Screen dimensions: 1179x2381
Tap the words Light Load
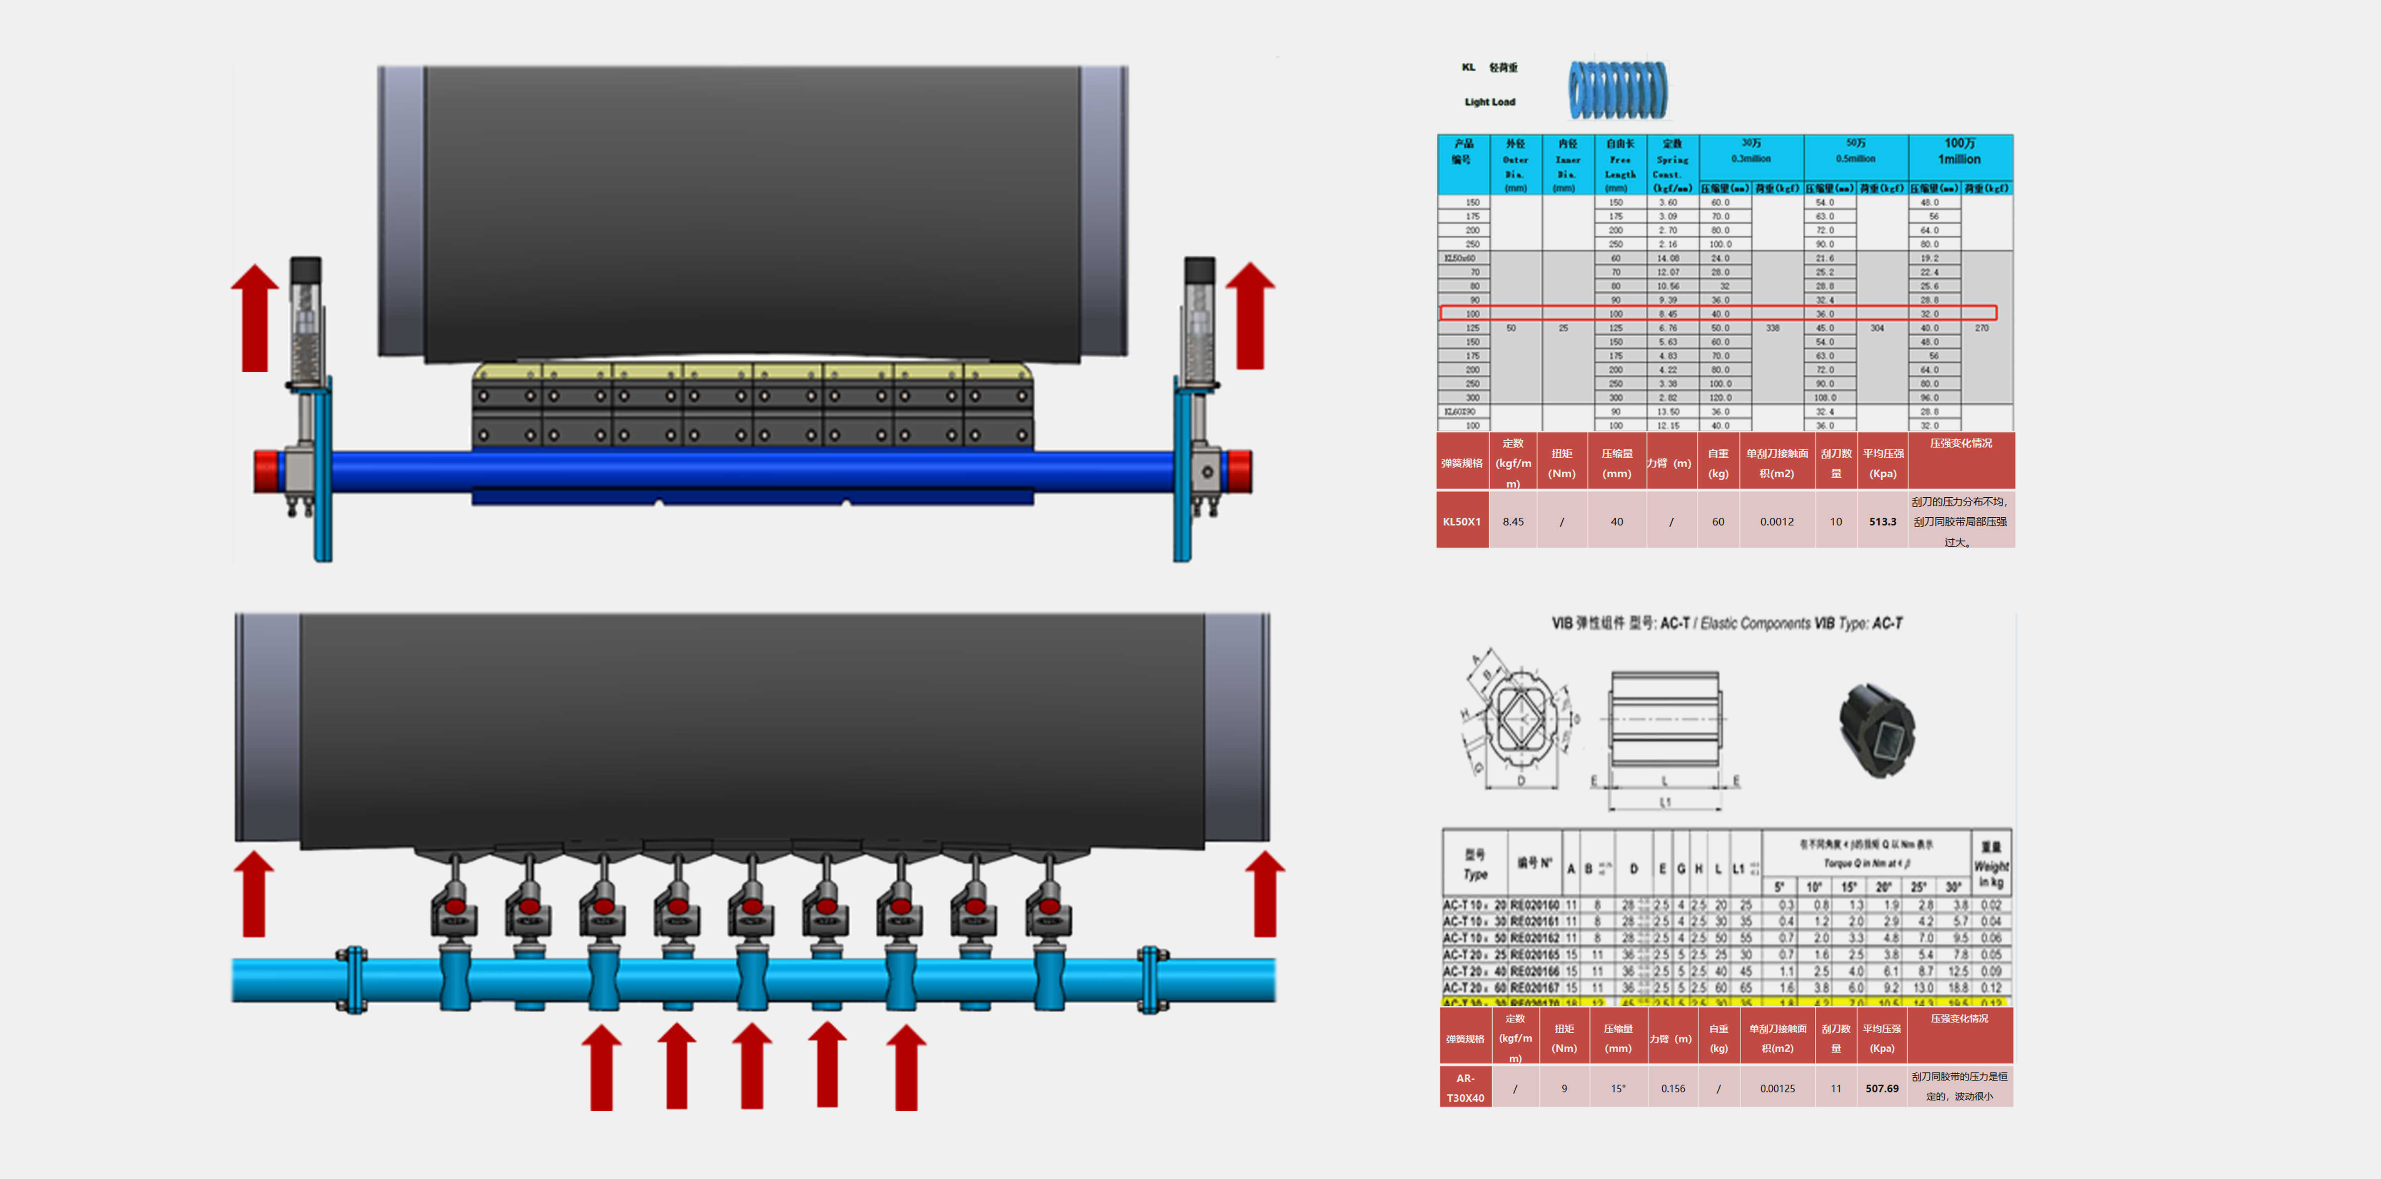point(1489,102)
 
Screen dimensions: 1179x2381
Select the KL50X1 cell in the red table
point(1461,522)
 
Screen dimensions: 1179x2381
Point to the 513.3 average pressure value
point(1882,522)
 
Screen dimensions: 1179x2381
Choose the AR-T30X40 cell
point(1465,1089)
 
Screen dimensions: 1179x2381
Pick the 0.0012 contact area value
point(1777,522)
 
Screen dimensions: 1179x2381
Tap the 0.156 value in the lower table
point(1672,1089)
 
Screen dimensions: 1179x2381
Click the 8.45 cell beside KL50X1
point(1513,522)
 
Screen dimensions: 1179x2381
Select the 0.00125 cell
point(1777,1089)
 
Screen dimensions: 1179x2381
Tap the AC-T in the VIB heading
point(1674,623)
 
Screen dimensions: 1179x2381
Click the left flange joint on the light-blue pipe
point(351,980)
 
